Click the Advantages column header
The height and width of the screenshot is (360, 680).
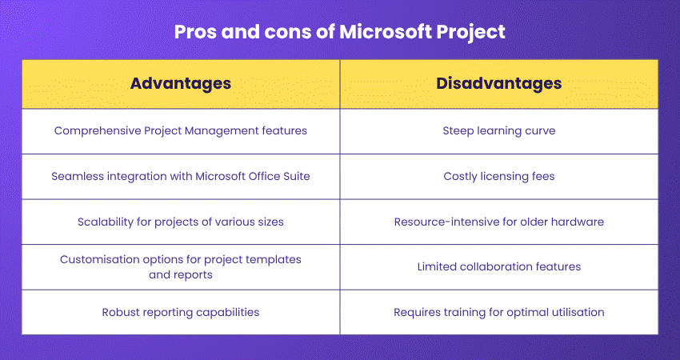click(x=181, y=83)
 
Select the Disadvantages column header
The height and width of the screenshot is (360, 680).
click(x=498, y=83)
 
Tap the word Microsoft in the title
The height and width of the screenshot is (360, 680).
click(x=382, y=32)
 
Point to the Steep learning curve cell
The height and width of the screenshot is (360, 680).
click(x=498, y=130)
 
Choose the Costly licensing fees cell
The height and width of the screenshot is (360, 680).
click(x=498, y=176)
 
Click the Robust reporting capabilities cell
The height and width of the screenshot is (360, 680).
click(x=181, y=312)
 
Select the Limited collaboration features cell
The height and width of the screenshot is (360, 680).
click(x=498, y=266)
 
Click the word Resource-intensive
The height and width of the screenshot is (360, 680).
click(x=443, y=222)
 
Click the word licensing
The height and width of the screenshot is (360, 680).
click(x=506, y=176)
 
